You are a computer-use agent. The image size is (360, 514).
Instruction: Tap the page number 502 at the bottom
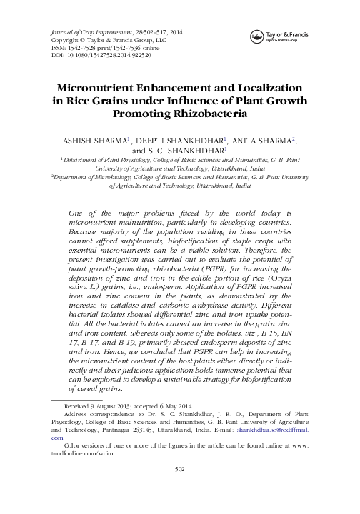[x=180, y=488]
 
